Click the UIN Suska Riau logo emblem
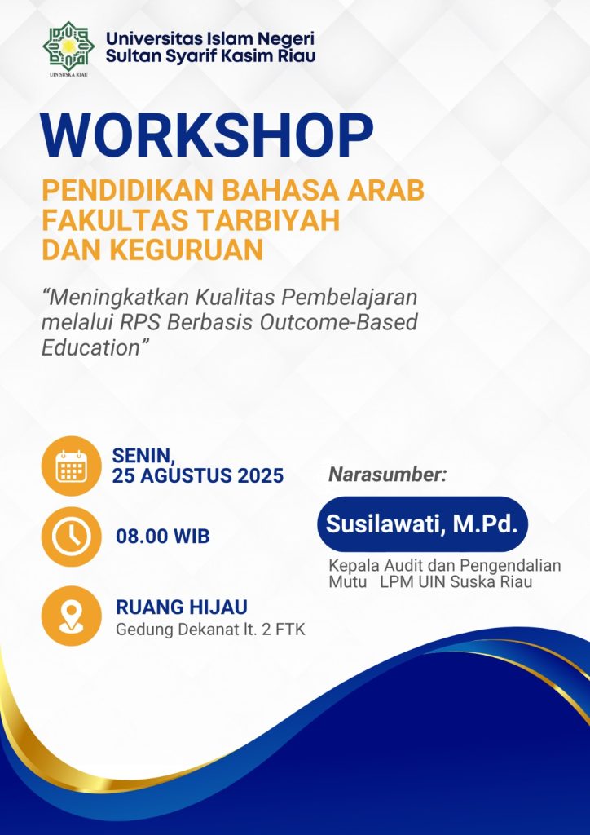coord(68,46)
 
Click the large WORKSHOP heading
coord(208,136)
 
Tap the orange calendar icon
coord(71,466)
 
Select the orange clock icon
coord(71,537)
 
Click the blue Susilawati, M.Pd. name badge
coord(422,524)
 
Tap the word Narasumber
coord(386,475)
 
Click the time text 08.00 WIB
coord(163,537)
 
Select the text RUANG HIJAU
coord(182,607)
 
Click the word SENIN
coord(143,455)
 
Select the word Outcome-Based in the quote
coord(338,323)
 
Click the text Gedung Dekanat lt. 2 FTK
coord(211,630)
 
